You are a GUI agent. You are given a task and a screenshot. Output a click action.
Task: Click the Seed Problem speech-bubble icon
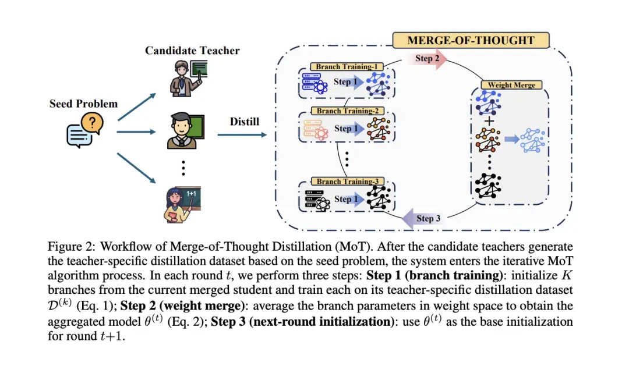pyautogui.click(x=82, y=129)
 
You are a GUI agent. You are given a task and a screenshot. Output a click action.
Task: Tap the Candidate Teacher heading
pyautogui.click(x=192, y=51)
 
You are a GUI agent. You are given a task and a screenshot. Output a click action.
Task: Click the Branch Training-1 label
pyautogui.click(x=347, y=67)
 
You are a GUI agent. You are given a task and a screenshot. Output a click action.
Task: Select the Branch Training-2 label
pyautogui.click(x=347, y=111)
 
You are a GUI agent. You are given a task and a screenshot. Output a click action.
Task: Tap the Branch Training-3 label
pyautogui.click(x=347, y=182)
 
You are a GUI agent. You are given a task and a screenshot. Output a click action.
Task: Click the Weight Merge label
pyautogui.click(x=511, y=85)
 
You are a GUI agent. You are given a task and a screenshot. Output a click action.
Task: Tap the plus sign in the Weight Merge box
pyautogui.click(x=489, y=121)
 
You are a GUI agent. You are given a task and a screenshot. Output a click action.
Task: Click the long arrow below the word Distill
pyautogui.click(x=241, y=136)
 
